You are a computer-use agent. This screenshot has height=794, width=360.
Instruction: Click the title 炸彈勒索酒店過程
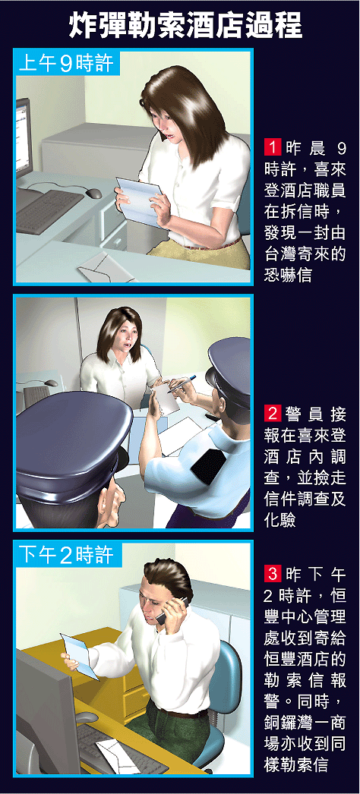(186, 25)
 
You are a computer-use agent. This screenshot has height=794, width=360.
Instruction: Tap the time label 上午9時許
(66, 64)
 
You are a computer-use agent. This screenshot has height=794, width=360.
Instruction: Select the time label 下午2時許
(66, 556)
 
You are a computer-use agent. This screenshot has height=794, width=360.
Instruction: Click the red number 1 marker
(273, 148)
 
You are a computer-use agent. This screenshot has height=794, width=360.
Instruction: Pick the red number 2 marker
(273, 414)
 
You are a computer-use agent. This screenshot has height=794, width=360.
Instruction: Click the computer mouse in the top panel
(93, 193)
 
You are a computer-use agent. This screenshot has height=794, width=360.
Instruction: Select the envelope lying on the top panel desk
(106, 267)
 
